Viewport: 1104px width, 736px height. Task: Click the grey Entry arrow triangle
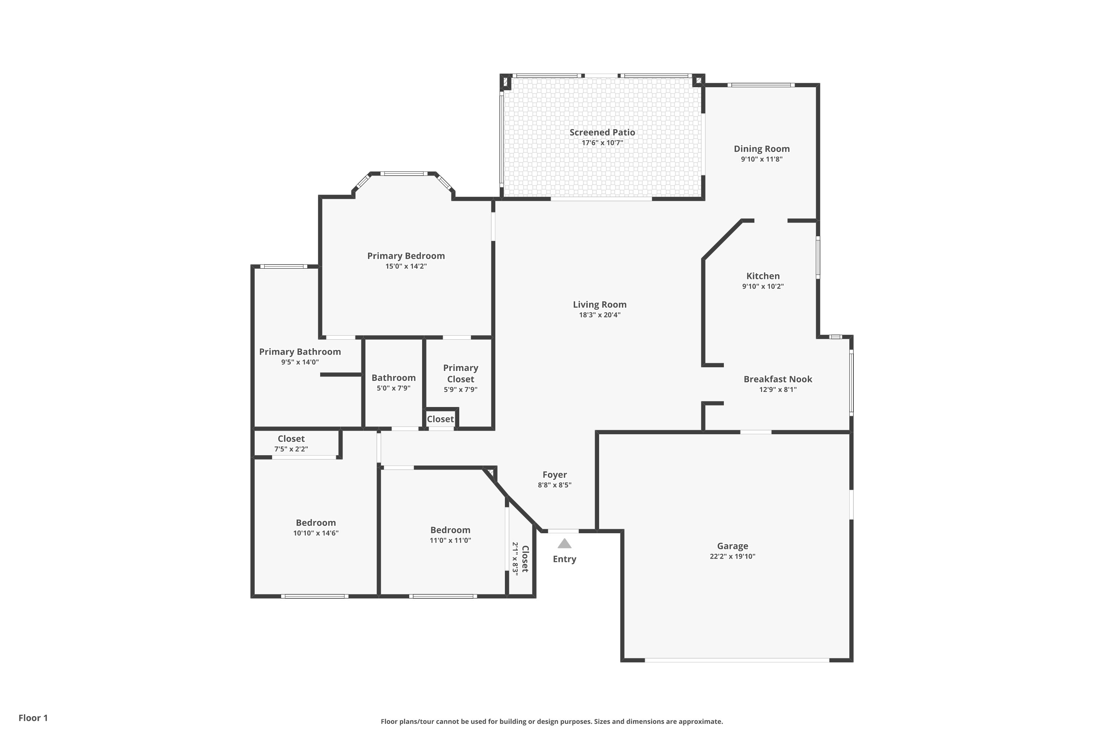coord(564,544)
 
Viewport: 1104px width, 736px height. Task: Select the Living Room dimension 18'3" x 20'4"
coord(599,315)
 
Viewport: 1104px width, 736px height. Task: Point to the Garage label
coord(732,546)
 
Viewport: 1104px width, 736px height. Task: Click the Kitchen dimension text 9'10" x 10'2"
coord(763,286)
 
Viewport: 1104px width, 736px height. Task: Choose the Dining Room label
coord(762,149)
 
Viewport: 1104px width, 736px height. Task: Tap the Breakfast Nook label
coord(778,379)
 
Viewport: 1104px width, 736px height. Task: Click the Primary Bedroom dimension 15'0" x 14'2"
coord(406,266)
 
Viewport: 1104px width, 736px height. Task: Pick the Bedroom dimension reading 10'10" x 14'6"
coord(316,533)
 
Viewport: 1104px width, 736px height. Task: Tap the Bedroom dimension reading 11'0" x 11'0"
coord(450,540)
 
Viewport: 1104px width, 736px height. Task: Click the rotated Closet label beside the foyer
coord(525,559)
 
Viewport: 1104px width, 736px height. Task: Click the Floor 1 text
coord(33,718)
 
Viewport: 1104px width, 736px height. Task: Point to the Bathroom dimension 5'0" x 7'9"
coord(393,388)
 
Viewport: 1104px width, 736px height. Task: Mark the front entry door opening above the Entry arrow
coord(563,531)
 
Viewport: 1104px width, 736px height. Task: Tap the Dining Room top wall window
coord(761,85)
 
